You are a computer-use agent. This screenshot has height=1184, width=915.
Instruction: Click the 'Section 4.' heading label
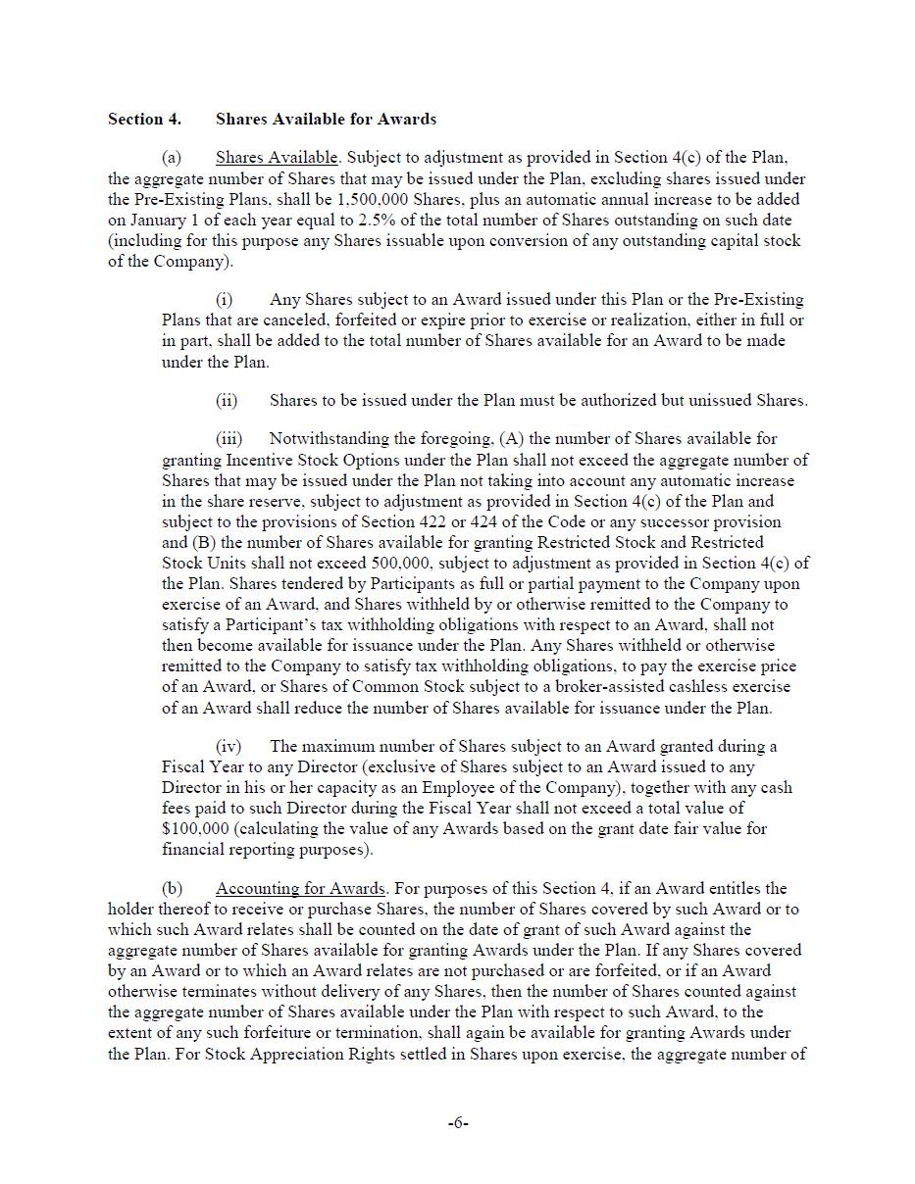click(144, 120)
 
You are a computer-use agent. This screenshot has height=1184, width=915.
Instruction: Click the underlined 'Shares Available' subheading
click(277, 158)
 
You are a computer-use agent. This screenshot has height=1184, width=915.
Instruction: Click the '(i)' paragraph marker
click(224, 300)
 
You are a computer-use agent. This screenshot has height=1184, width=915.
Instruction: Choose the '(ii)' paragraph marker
click(226, 400)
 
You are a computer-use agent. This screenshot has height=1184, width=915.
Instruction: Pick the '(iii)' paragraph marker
click(228, 439)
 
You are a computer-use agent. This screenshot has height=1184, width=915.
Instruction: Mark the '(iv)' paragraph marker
click(228, 747)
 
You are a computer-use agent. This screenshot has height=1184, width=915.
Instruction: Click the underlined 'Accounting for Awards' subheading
click(300, 889)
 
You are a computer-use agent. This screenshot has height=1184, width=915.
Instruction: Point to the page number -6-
click(458, 1123)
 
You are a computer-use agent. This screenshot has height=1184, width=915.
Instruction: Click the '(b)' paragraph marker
click(173, 889)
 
